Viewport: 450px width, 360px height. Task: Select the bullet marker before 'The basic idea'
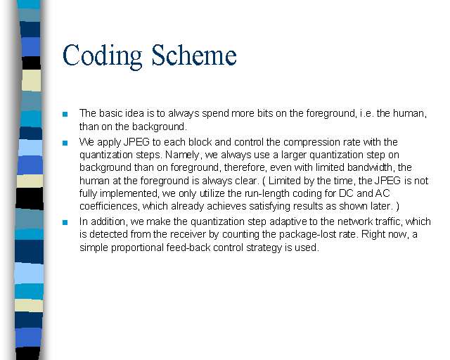click(65, 114)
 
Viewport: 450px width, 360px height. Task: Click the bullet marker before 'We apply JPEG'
click(65, 143)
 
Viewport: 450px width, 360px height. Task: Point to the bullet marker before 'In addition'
click(65, 222)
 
